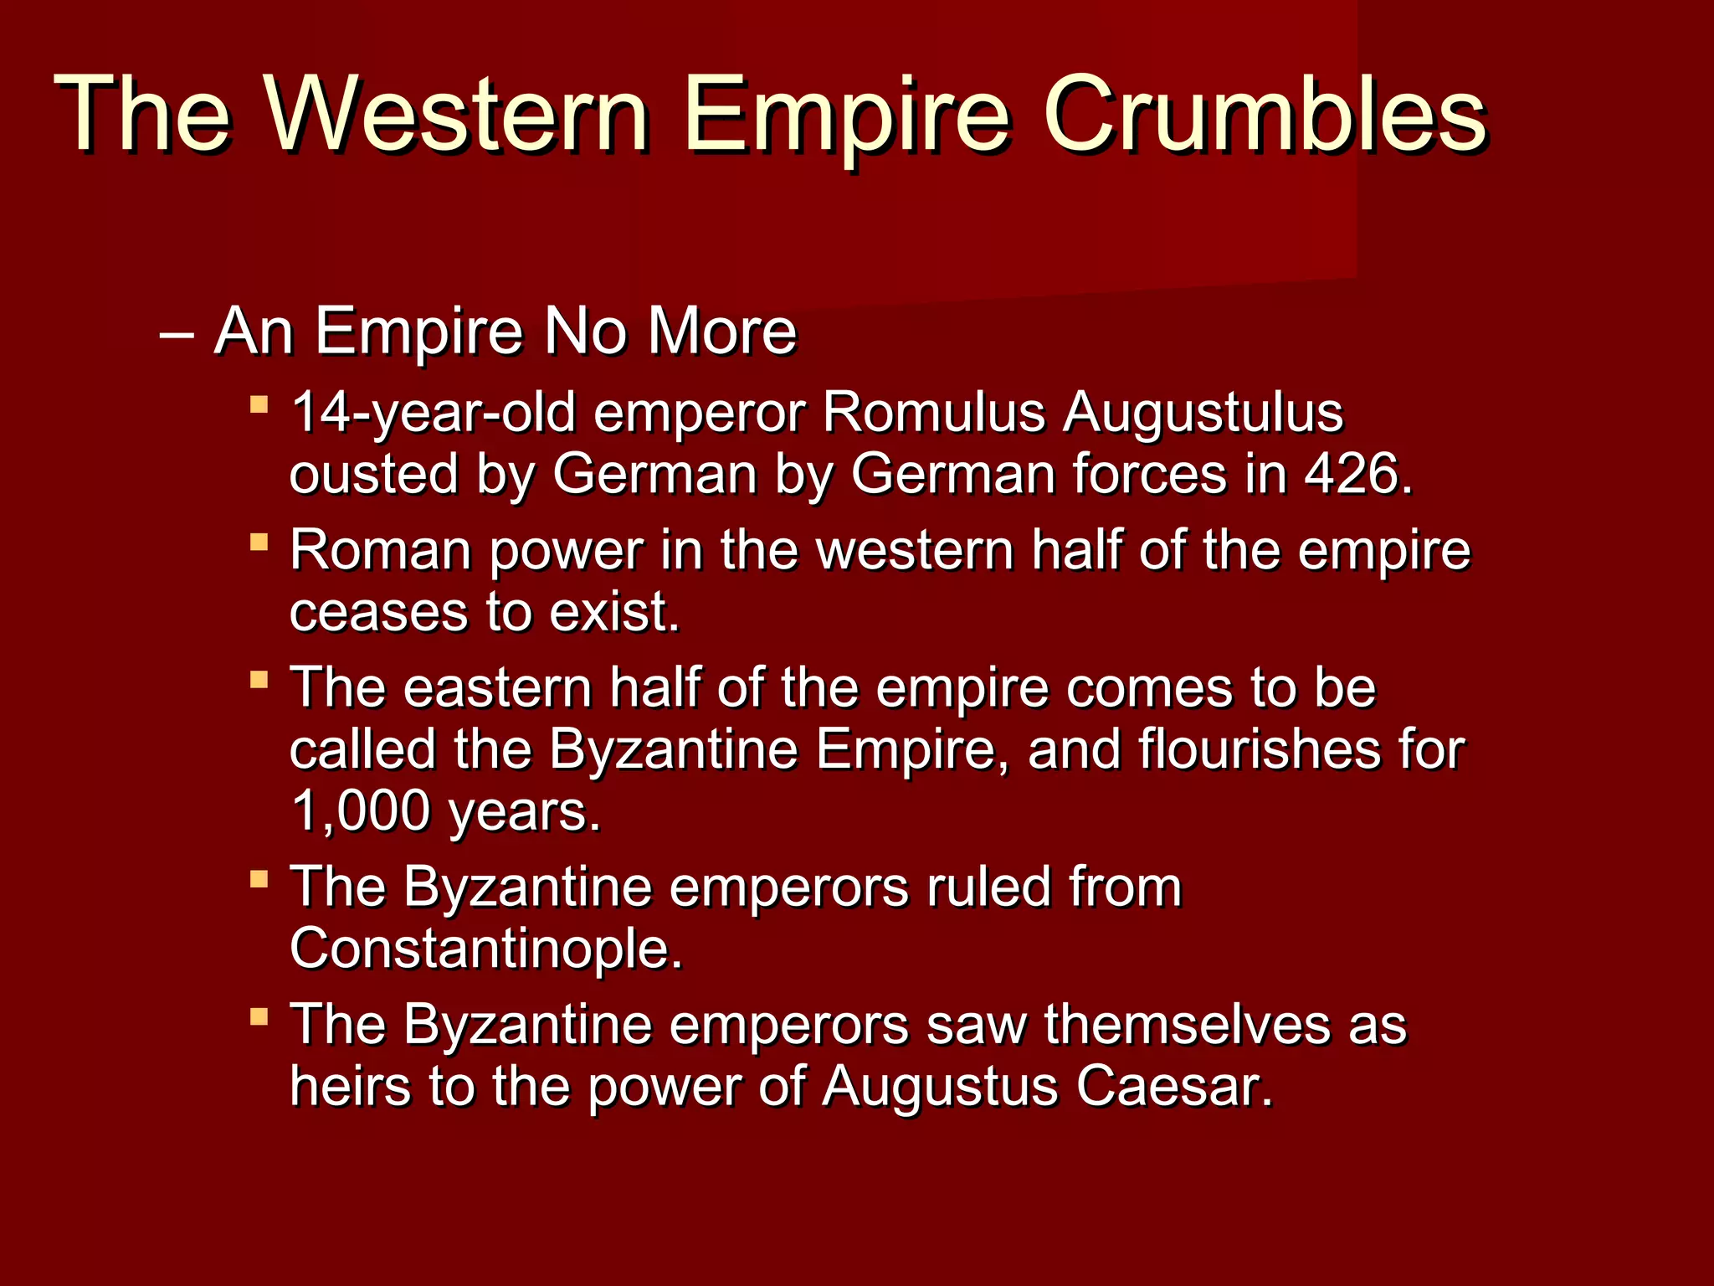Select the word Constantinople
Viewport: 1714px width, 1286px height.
(485, 949)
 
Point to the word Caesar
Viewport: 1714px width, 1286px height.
(1173, 1086)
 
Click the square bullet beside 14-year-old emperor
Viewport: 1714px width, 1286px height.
(259, 405)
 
